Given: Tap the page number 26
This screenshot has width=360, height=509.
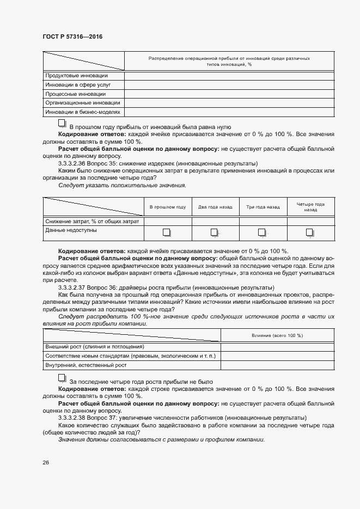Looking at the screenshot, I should click(46, 462).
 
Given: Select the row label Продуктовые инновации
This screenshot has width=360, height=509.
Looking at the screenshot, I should click(76, 76).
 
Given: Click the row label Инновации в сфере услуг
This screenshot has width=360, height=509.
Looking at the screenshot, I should click(78, 85).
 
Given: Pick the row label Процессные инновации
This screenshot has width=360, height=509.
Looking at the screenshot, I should click(76, 94).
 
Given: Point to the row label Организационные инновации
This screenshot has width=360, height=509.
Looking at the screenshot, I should click(83, 103).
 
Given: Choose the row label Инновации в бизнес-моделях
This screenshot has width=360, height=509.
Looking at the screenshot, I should click(83, 112).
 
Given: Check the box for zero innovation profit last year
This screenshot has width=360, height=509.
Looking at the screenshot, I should click(62, 124).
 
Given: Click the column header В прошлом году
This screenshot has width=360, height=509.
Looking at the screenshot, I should click(168, 207).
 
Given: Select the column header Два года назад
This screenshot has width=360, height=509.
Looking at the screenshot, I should click(215, 207).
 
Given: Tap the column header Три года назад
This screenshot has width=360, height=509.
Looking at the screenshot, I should click(263, 207).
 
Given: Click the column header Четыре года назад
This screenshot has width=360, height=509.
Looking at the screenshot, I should click(310, 207).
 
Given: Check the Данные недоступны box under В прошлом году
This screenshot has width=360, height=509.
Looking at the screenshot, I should click(167, 232).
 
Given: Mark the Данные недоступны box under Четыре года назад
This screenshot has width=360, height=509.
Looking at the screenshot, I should click(310, 232).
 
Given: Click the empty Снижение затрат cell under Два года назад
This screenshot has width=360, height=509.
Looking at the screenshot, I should click(215, 221).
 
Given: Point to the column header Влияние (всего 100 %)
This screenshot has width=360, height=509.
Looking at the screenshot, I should click(277, 335).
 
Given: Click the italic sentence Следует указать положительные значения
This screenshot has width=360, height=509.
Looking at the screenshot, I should click(122, 186).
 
